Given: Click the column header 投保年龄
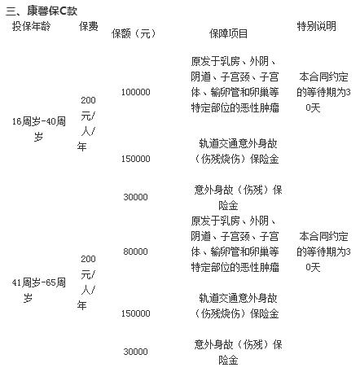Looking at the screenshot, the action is coord(31,27).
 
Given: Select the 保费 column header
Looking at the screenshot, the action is coord(89,27).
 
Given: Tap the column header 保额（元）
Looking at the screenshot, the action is coord(134,34).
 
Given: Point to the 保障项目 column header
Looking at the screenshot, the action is coord(228,34).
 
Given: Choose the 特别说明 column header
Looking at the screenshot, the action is coord(316,26).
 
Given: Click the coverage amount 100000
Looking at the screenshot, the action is coord(135,92).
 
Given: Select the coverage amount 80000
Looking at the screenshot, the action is coord(135,252).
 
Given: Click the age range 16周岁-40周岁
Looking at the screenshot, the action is coord(38,129).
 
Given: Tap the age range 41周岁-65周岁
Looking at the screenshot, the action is coord(38,290).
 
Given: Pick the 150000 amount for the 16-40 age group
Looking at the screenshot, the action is coord(135,159).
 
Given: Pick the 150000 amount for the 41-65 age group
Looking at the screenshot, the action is coord(135,313).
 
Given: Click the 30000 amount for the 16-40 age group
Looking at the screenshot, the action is coord(135,197).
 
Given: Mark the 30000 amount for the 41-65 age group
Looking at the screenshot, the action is coord(135,352).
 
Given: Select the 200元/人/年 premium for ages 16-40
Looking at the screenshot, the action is coord(86,124).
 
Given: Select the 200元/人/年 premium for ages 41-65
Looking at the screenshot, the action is coord(86,282).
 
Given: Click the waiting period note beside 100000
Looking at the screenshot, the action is coord(323,92).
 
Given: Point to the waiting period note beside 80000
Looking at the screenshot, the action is coord(323,252).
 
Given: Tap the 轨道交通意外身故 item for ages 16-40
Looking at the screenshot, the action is coord(237,151).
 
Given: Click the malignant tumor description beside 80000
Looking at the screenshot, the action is coord(235,244).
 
